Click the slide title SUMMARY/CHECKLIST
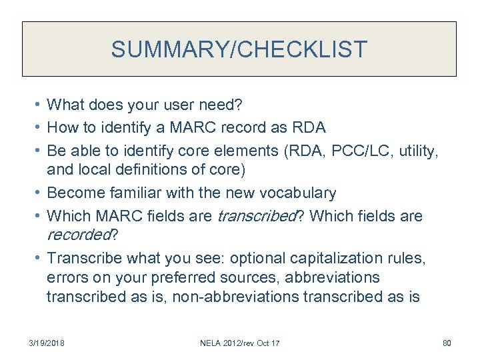[239, 49]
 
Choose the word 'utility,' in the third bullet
[417, 151]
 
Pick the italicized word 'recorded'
[77, 235]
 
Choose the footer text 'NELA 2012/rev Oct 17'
[240, 343]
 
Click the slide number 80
[447, 343]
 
